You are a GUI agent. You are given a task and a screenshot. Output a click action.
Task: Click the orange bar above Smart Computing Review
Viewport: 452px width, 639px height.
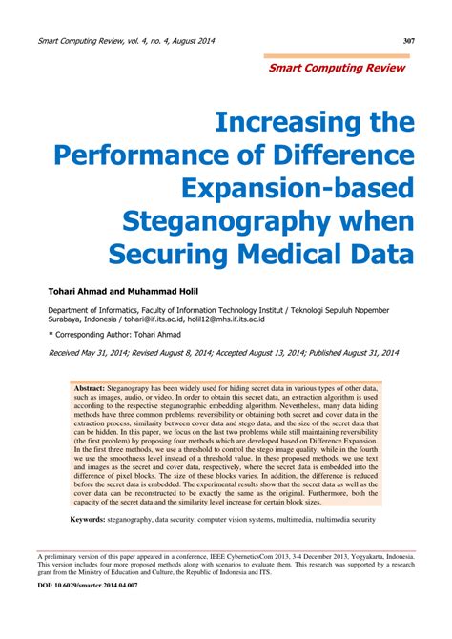tap(335, 56)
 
